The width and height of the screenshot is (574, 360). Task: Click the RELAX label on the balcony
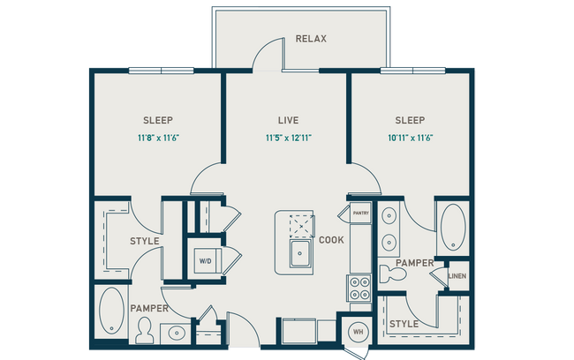[312, 39]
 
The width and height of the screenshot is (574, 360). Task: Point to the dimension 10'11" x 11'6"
[411, 138]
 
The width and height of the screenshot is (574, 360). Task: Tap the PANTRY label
[360, 213]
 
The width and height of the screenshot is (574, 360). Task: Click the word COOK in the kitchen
[330, 239]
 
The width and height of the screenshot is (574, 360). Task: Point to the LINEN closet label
[457, 276]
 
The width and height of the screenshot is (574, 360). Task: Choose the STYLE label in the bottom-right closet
[404, 325]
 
